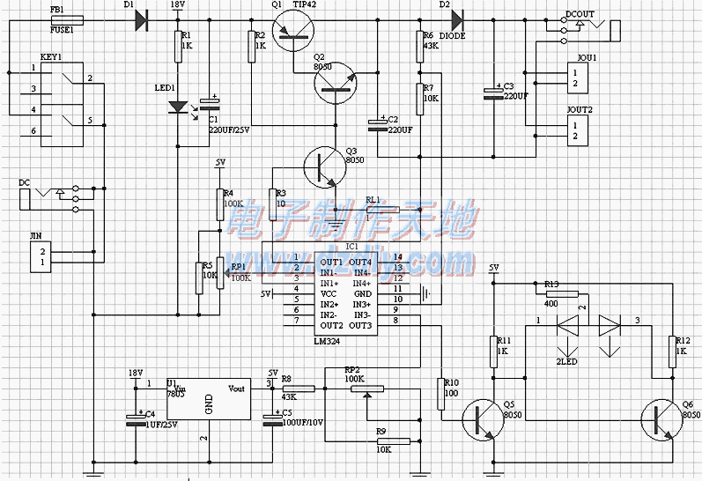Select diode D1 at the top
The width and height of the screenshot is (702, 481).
(141, 19)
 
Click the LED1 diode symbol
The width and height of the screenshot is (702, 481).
(178, 107)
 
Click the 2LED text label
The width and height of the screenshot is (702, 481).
(566, 362)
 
